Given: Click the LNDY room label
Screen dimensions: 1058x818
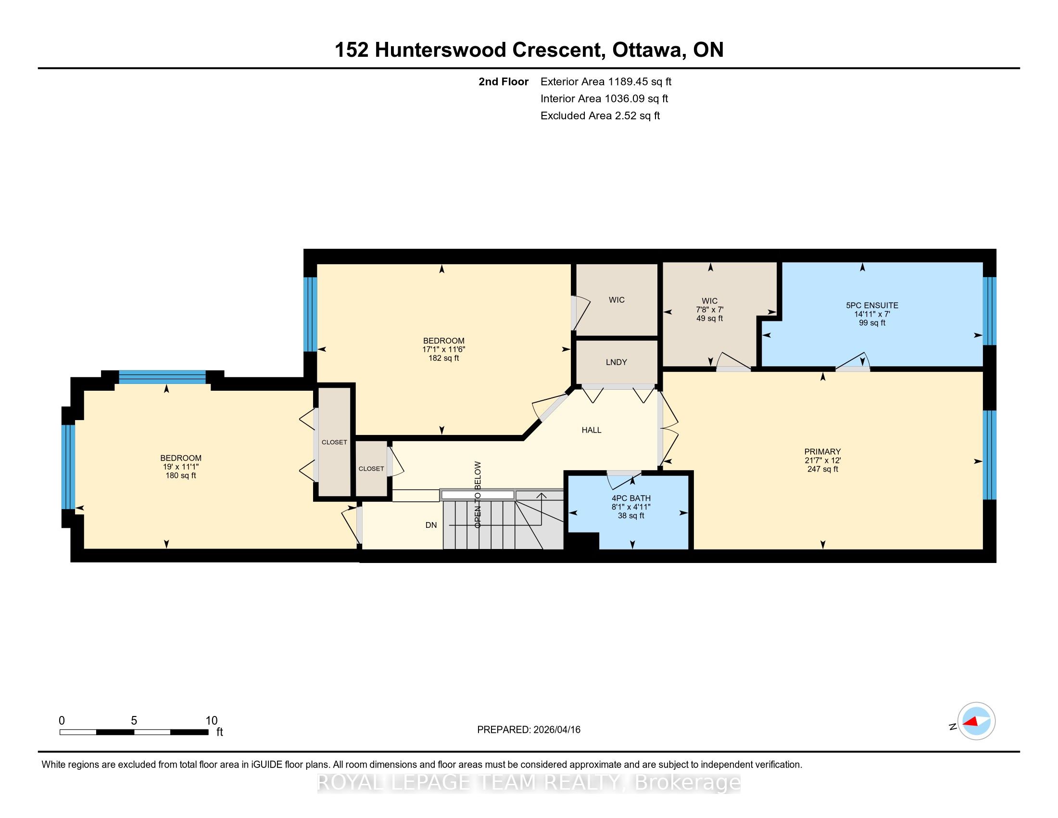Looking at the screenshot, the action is click(616, 362).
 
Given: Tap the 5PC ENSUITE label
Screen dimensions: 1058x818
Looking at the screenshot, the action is click(872, 305).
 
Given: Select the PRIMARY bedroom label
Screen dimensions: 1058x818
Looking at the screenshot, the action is click(822, 452).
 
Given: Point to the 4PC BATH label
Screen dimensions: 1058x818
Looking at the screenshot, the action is click(631, 498).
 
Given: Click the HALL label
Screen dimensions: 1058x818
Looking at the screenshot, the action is click(592, 430).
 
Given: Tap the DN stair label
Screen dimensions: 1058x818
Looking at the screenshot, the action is click(431, 525).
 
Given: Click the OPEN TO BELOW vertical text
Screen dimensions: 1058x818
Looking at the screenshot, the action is click(478, 494).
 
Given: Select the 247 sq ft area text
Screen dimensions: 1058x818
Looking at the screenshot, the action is click(822, 469).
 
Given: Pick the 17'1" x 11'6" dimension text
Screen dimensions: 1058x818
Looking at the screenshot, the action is click(444, 349).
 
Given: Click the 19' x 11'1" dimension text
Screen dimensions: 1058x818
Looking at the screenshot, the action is click(181, 467).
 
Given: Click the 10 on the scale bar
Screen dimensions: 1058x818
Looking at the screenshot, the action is click(211, 721).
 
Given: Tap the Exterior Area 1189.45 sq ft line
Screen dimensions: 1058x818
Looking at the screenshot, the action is click(606, 82).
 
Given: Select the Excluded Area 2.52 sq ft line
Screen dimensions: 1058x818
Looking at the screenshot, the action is click(600, 116).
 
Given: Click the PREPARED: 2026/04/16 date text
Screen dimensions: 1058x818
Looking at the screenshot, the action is click(529, 730).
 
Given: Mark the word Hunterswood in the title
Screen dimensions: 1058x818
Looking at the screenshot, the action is click(488, 50).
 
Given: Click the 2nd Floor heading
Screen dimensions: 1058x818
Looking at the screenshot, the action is click(504, 82).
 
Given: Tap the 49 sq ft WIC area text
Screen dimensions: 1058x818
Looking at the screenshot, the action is click(709, 319).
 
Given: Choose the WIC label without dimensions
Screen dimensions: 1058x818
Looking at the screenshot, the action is click(617, 300).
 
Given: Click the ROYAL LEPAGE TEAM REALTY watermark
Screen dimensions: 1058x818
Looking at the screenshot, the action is click(529, 782).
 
